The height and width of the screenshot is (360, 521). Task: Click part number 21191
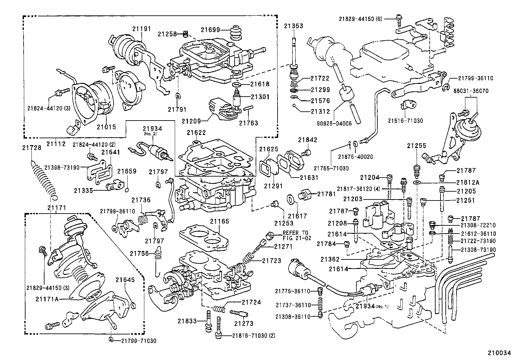click(142, 28)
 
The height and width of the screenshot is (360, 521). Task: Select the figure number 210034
click(499, 353)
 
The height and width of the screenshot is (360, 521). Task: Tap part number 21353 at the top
click(293, 26)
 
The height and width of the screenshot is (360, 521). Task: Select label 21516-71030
click(405, 121)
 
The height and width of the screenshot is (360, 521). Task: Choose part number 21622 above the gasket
click(196, 133)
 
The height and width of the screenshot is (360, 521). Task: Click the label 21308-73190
click(478, 250)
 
